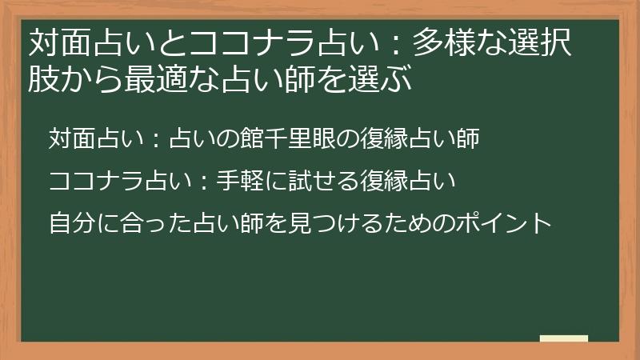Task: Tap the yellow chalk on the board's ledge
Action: pos(564,338)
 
